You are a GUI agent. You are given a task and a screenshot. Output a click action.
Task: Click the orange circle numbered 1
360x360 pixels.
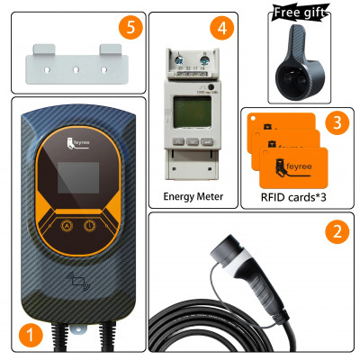[31, 337]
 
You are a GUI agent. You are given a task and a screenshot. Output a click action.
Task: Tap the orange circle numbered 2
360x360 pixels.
[336, 230]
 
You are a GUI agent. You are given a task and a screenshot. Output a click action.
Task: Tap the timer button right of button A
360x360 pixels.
[90, 226]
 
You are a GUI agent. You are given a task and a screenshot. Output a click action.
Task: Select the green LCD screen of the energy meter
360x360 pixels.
[193, 115]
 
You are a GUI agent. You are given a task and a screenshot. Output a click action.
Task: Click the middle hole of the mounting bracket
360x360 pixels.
[75, 66]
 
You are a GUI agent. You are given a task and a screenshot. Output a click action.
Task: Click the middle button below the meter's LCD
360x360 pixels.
[193, 142]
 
